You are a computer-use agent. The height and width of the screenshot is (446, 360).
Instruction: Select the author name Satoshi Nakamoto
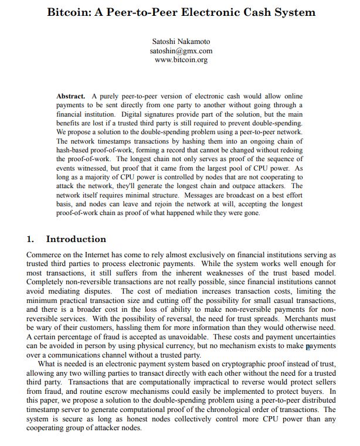click(181, 42)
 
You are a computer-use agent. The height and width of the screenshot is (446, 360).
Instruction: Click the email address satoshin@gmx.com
click(181, 51)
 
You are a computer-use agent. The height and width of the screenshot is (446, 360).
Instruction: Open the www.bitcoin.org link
click(181, 60)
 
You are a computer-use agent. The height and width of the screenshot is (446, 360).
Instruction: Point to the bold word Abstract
click(71, 96)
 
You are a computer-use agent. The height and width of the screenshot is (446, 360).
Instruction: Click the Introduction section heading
click(76, 239)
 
